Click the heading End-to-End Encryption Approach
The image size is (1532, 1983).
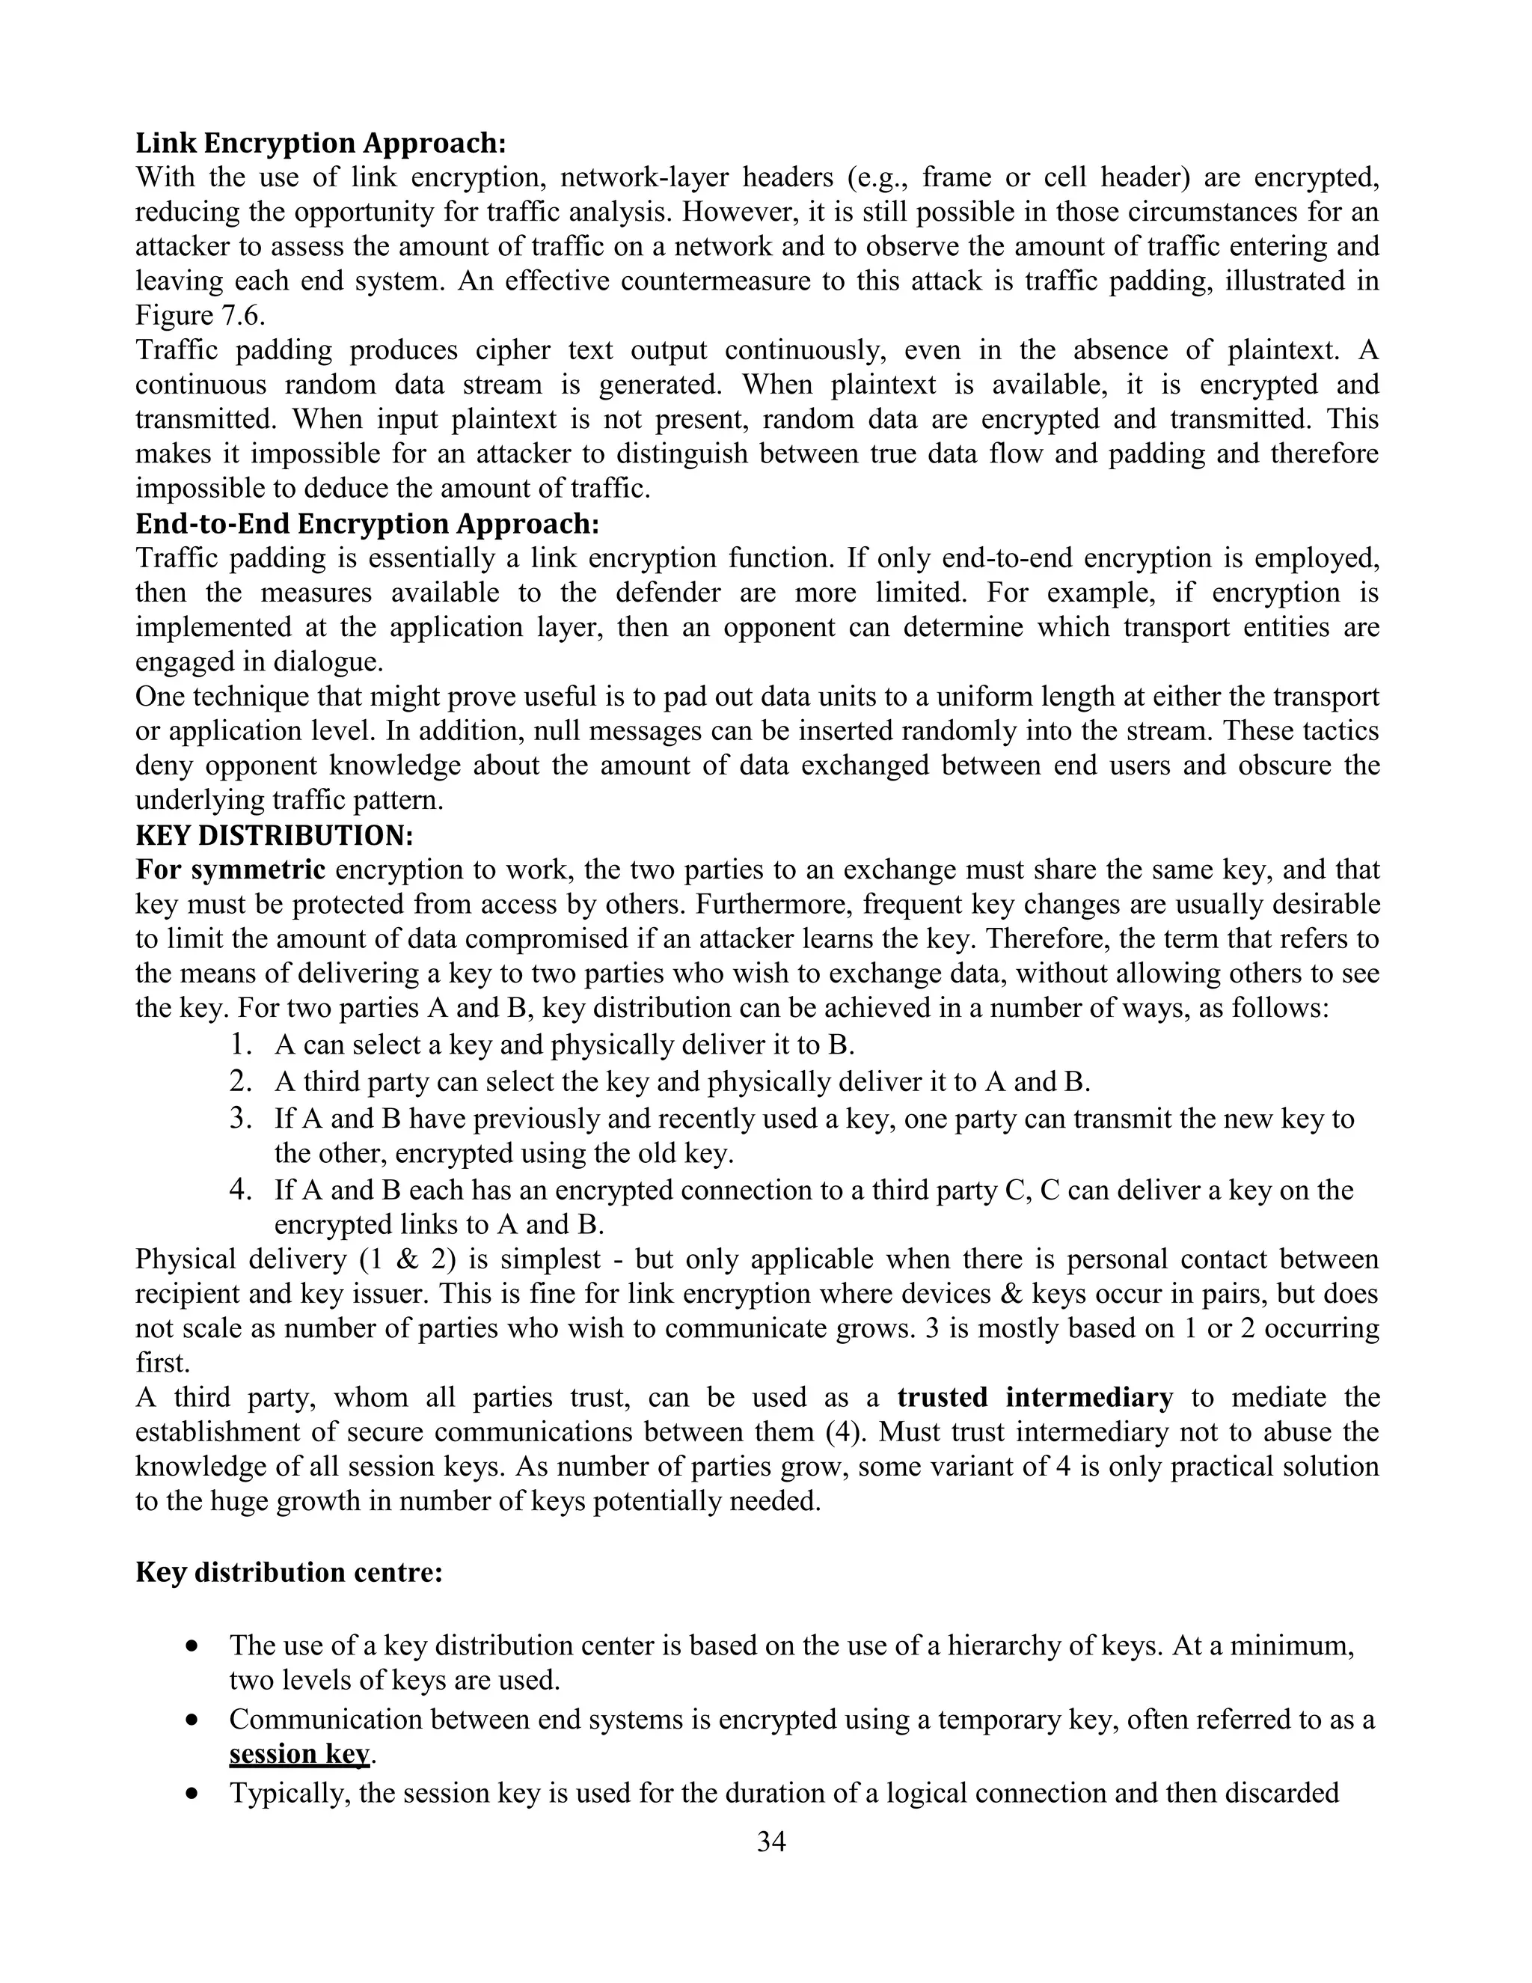(x=367, y=524)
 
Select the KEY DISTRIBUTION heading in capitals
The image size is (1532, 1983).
(x=274, y=835)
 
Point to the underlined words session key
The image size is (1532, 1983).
(x=299, y=1754)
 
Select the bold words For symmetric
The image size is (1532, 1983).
(x=230, y=870)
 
